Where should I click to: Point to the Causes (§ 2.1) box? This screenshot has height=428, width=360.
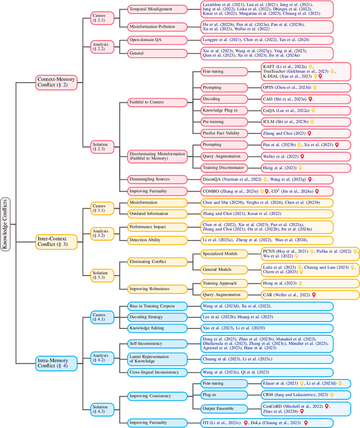(101, 17)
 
